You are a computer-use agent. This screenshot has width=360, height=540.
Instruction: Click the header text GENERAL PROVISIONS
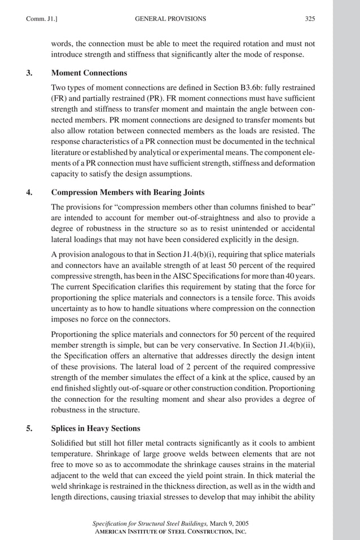click(170, 19)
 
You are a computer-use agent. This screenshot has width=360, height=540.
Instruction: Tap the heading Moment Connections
click(89, 73)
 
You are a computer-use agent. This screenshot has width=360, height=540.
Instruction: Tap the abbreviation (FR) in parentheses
click(58, 99)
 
